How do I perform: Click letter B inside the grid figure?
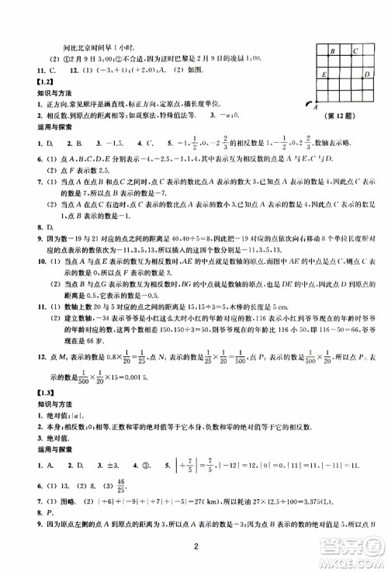click(332, 52)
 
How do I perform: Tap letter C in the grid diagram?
click(355, 52)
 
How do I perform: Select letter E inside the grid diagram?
click(323, 75)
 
